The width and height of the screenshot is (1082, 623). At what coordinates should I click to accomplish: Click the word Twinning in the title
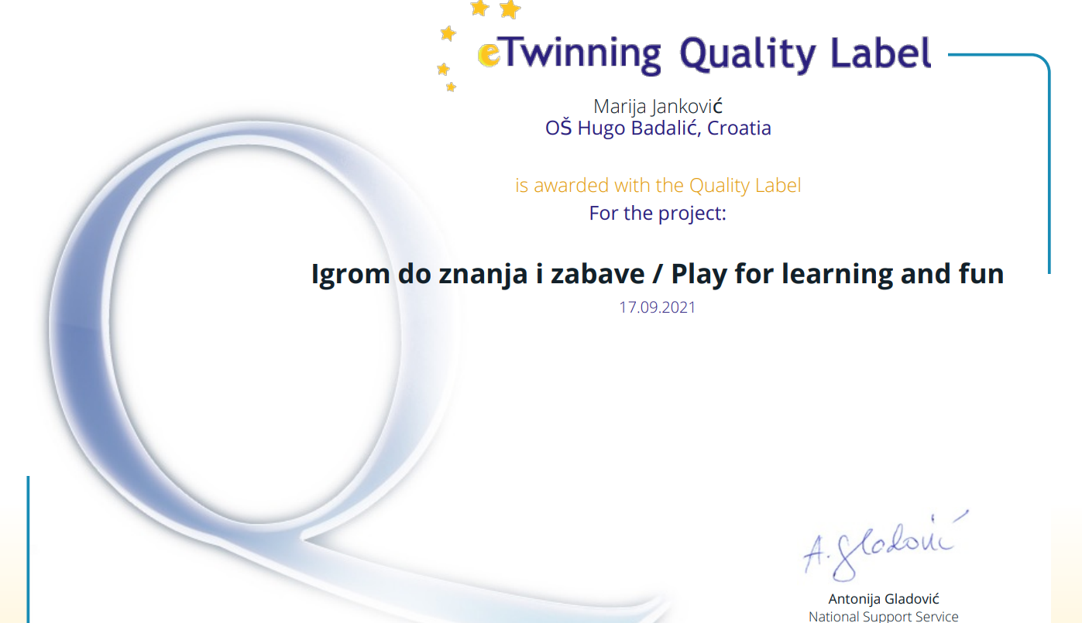580,54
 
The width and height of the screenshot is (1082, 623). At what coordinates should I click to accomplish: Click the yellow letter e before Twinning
489,54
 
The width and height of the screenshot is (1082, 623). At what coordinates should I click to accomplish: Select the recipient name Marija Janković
658,107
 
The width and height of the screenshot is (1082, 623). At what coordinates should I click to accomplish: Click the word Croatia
739,128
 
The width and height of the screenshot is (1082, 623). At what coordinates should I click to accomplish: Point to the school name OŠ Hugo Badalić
622,128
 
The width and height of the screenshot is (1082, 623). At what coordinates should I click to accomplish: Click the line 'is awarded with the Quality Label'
658,186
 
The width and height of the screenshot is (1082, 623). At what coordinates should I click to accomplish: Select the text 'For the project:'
658,214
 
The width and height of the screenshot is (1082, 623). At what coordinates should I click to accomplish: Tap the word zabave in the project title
597,274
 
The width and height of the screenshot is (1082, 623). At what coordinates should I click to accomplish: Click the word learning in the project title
837,275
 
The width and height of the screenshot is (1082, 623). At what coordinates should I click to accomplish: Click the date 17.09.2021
657,307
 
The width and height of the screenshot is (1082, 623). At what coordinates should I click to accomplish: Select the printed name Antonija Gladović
884,599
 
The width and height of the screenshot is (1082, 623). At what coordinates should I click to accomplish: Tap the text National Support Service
884,616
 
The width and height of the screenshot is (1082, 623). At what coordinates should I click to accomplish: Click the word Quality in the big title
747,54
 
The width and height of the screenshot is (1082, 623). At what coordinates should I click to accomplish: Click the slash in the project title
658,274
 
